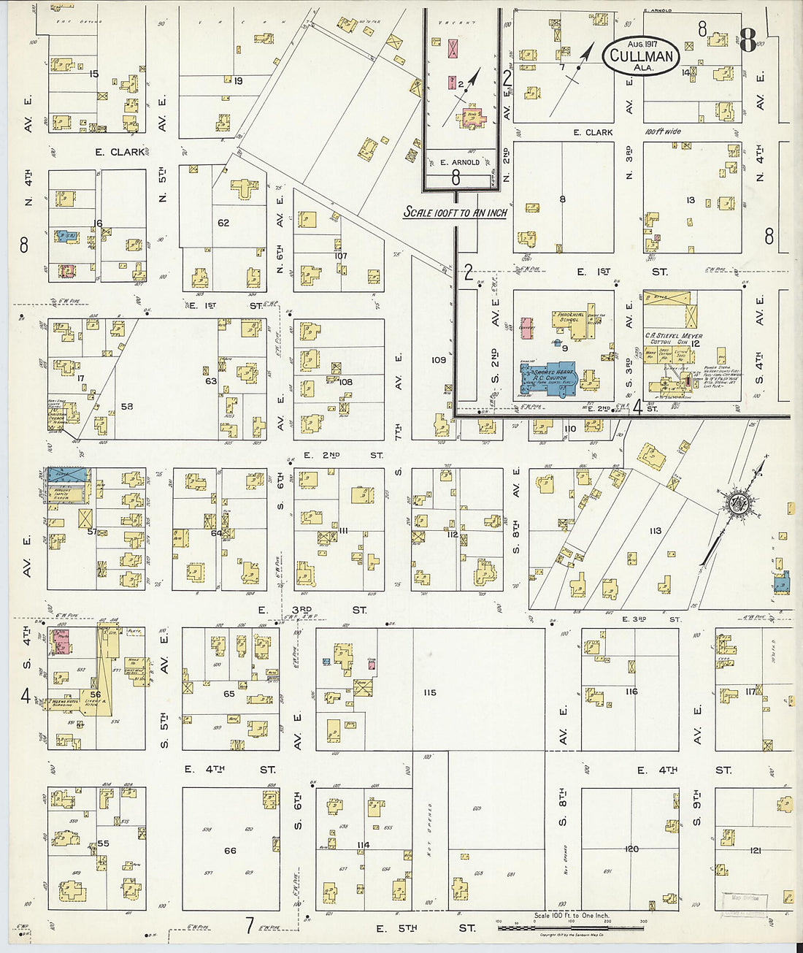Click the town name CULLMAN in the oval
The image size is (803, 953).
click(640, 56)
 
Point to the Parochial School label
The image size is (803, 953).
click(571, 318)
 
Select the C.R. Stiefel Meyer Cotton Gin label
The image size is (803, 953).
click(672, 339)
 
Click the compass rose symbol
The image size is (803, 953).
click(734, 503)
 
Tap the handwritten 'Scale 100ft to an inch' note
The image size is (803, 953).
click(456, 213)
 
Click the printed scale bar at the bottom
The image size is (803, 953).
click(570, 927)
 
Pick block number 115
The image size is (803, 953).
click(429, 692)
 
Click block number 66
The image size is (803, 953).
click(230, 850)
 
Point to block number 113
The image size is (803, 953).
click(655, 531)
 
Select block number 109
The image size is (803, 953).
click(438, 360)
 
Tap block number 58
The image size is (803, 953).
click(127, 406)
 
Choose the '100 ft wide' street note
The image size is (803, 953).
click(663, 132)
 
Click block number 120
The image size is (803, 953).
click(631, 849)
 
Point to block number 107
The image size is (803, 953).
click(340, 256)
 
